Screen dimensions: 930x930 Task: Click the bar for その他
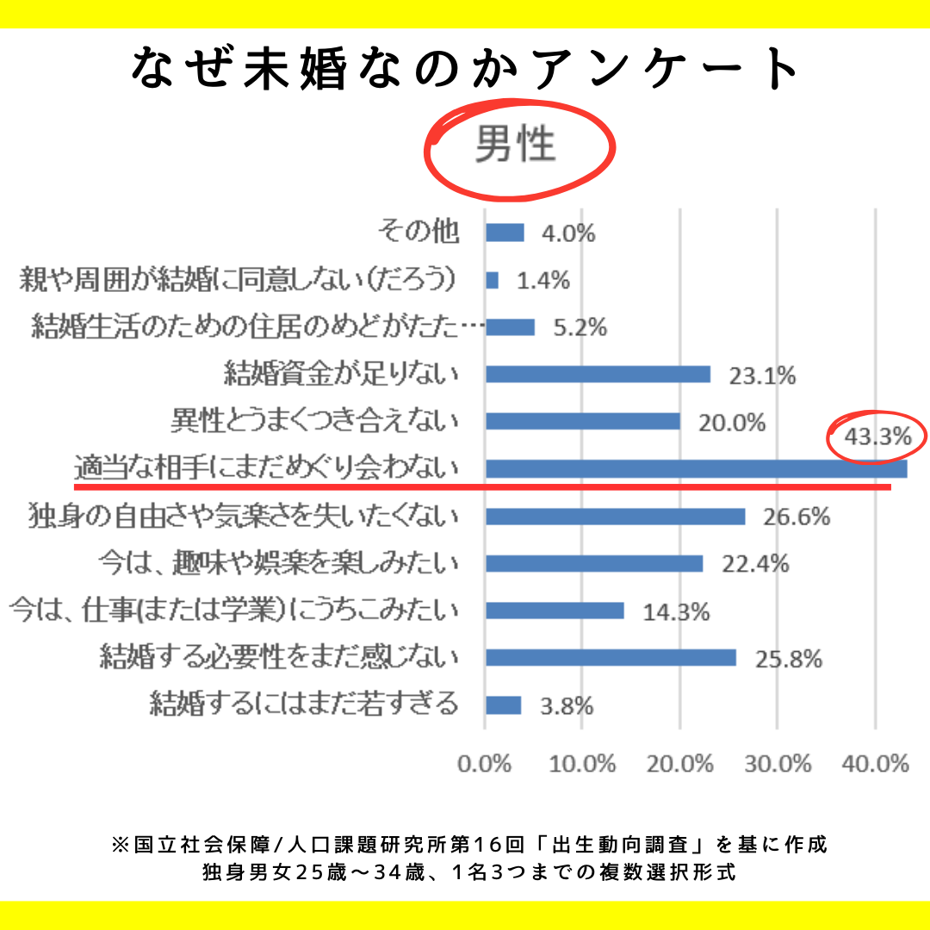click(505, 232)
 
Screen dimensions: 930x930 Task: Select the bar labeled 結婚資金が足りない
click(598, 375)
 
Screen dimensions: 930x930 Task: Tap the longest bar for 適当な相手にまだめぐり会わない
click(696, 469)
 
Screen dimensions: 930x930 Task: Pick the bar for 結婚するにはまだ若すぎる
click(504, 705)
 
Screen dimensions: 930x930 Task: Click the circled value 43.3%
click(877, 437)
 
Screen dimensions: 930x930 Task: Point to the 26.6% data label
click(797, 517)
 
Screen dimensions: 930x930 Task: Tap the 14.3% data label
click(676, 611)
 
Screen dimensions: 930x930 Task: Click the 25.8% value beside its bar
click(788, 660)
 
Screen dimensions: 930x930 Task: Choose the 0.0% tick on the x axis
click(486, 764)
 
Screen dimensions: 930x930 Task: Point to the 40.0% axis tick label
click(876, 764)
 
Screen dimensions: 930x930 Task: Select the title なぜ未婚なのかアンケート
click(466, 69)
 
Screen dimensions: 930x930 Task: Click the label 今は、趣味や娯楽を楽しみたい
click(276, 564)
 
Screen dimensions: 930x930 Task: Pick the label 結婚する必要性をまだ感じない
click(279, 658)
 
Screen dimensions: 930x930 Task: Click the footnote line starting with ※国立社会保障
click(469, 844)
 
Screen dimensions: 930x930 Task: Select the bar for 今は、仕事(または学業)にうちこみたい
click(555, 611)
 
